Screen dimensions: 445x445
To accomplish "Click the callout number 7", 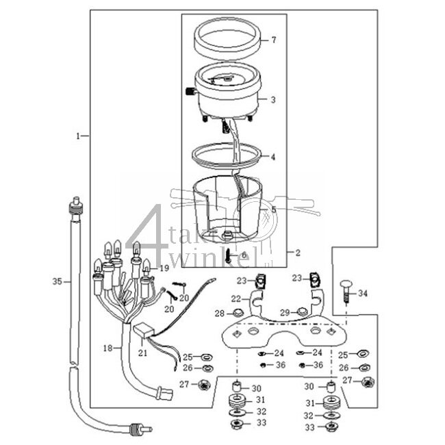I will (274, 40).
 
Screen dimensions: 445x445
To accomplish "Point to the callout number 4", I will (273, 157).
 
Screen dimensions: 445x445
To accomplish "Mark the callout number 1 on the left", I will (79, 136).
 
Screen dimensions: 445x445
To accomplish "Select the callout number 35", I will (57, 281).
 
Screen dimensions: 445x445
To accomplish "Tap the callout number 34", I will (363, 293).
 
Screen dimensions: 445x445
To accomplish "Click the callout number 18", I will (107, 348).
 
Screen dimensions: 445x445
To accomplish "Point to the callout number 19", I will (164, 268).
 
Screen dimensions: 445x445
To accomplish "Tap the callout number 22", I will (235, 299).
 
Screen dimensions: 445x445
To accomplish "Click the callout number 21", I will (143, 353).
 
